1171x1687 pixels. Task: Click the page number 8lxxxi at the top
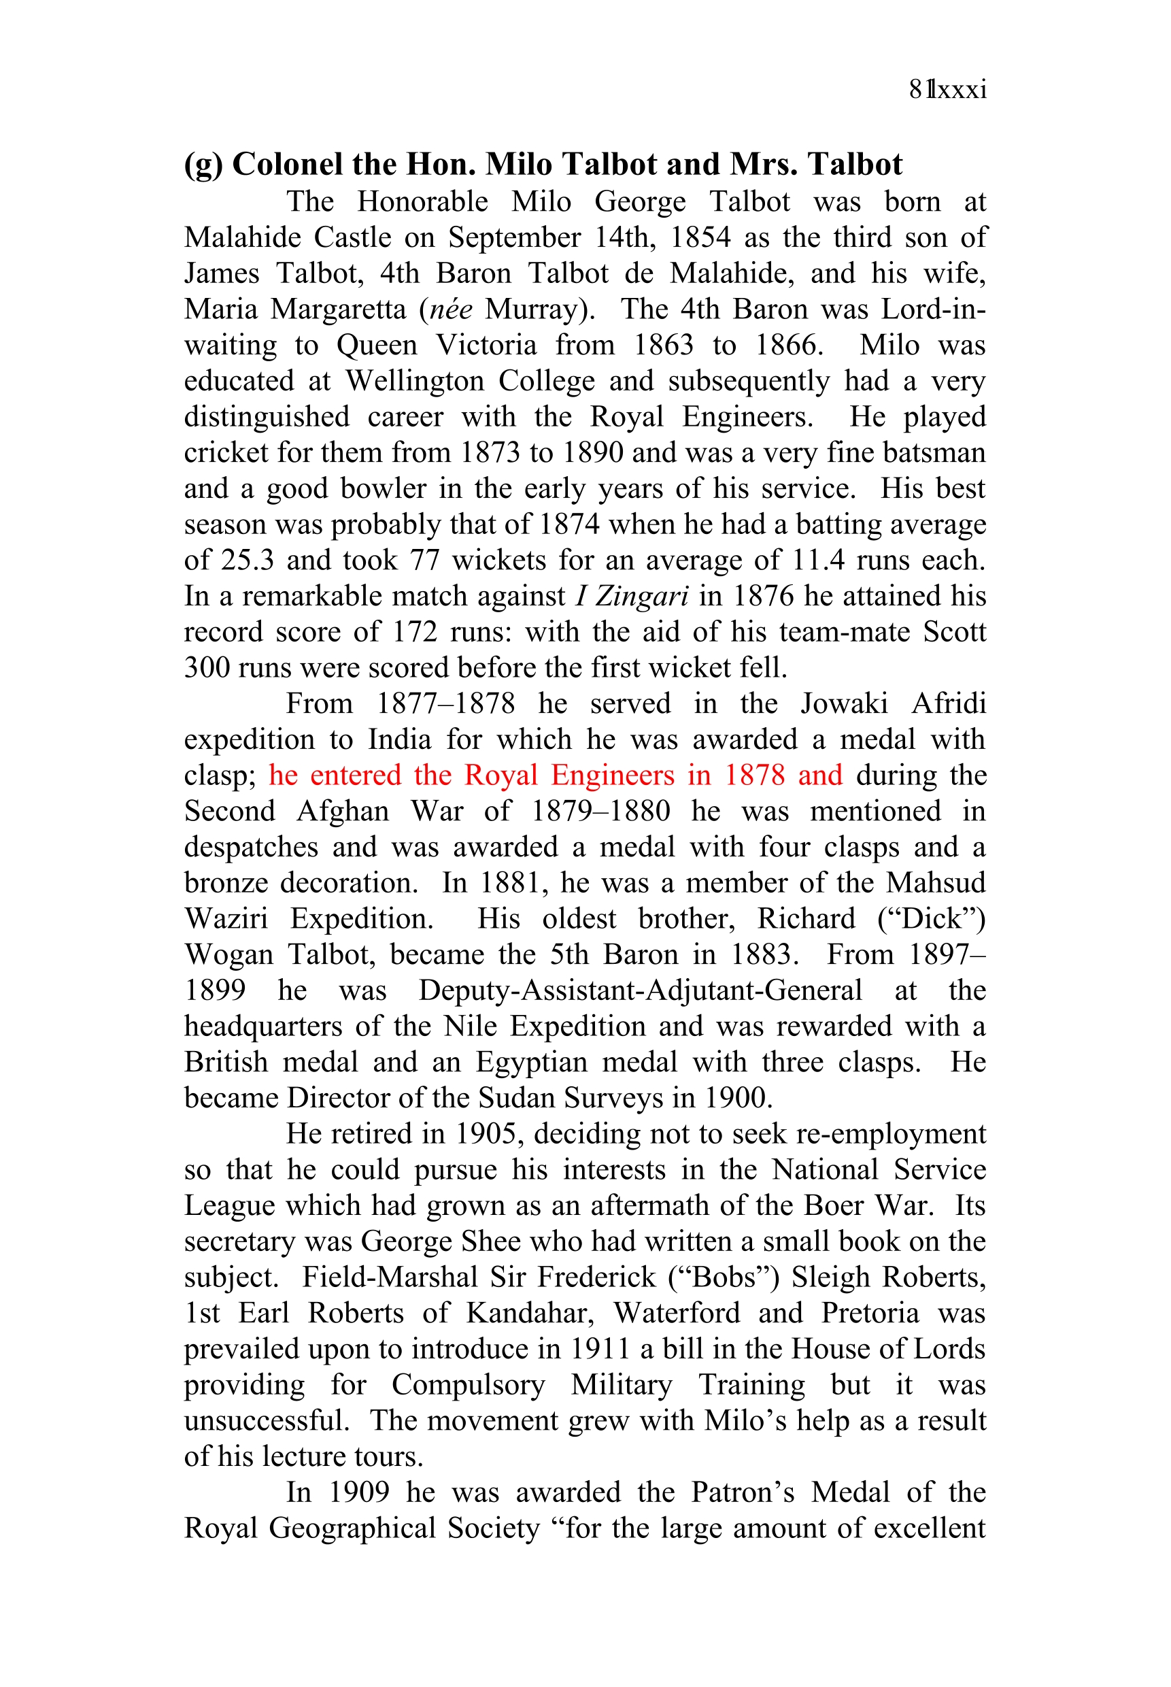[x=947, y=90]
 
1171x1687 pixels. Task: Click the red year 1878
[x=755, y=775]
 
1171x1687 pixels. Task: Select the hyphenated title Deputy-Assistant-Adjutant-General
[x=640, y=991]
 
